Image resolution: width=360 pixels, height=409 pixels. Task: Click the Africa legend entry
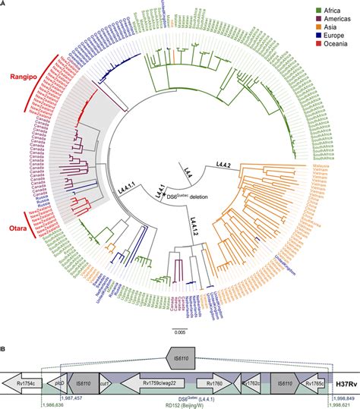pos(331,8)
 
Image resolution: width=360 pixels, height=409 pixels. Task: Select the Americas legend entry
pos(335,18)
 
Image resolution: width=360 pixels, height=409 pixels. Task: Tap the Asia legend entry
pos(329,27)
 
